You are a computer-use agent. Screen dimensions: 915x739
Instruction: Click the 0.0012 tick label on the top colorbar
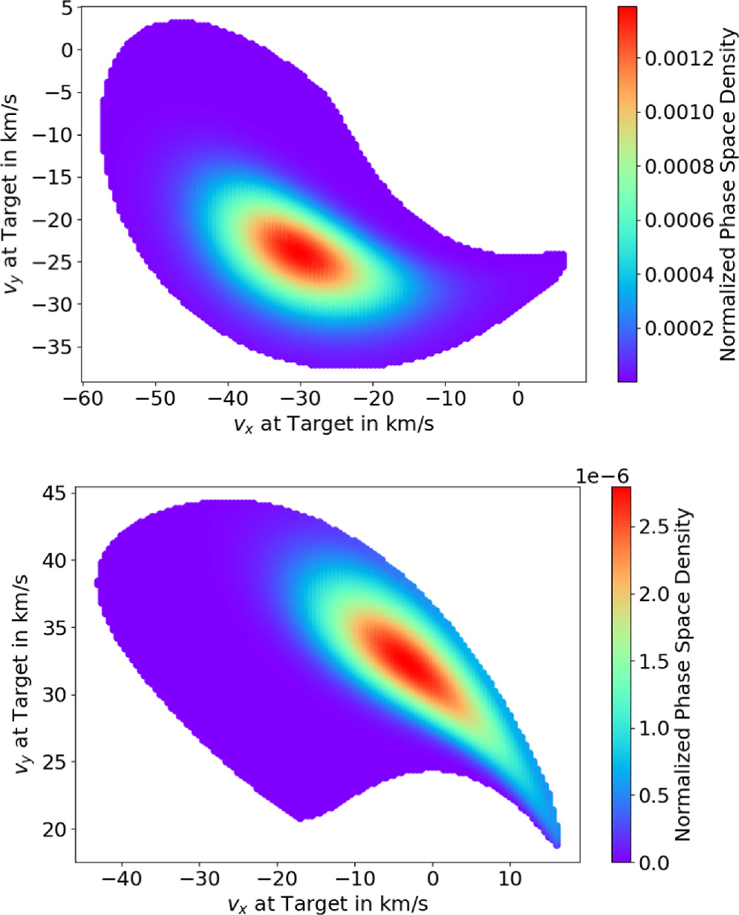(x=679, y=59)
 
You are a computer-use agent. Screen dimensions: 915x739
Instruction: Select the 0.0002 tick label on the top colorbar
(x=679, y=328)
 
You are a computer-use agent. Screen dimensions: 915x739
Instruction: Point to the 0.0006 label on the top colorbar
(x=679, y=220)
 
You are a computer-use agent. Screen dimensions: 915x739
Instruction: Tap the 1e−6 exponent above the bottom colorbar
(x=602, y=476)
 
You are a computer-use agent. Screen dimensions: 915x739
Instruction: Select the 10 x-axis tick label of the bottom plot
(x=510, y=879)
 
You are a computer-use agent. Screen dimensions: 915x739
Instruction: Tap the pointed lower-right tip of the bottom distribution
(x=556, y=842)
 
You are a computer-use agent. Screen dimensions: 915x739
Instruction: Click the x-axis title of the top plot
(x=333, y=424)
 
